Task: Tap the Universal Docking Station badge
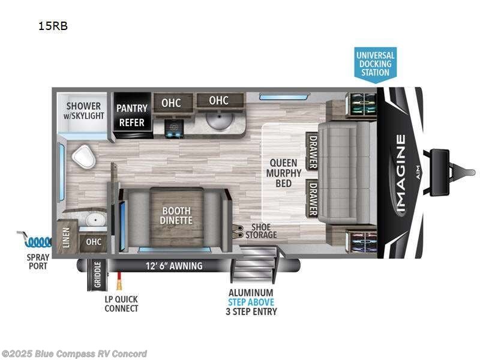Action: [x=375, y=63]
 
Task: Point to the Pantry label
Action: [x=131, y=108]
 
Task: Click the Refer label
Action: [x=131, y=122]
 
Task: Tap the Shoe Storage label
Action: [x=261, y=230]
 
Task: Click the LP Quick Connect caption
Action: [x=122, y=304]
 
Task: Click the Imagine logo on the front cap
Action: [x=400, y=173]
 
